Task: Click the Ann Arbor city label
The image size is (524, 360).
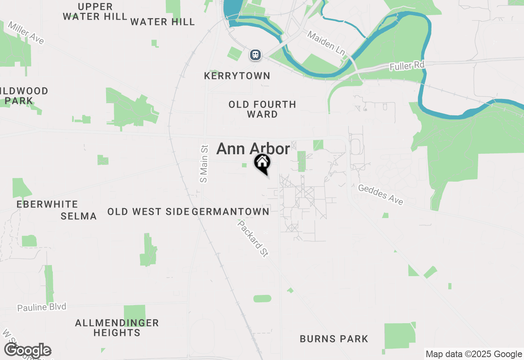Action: pos(253,149)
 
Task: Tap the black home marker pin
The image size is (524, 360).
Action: pos(262,163)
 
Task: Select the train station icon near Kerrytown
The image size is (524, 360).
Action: pos(255,54)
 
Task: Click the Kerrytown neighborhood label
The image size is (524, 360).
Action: pos(237,76)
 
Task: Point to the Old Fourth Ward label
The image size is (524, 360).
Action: pos(262,109)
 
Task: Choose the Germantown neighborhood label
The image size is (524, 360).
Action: pos(230,211)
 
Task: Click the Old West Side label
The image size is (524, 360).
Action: pos(148,211)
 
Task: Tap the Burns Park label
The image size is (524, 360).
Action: pos(334,339)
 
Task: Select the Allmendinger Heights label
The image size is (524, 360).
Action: pos(117,328)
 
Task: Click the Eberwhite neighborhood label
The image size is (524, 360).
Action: pos(47,204)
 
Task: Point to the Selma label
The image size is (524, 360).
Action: pos(79,216)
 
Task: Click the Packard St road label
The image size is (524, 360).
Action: pos(253,239)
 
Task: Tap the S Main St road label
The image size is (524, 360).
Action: pos(204,164)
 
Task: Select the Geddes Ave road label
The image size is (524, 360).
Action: pos(381,194)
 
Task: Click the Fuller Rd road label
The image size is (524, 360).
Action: pos(407,65)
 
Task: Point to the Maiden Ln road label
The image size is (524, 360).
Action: pos(326,43)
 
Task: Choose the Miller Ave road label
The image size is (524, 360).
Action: pos(26,33)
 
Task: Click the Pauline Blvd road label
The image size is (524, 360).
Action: pos(41,307)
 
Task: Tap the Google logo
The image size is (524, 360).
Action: pos(28,351)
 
